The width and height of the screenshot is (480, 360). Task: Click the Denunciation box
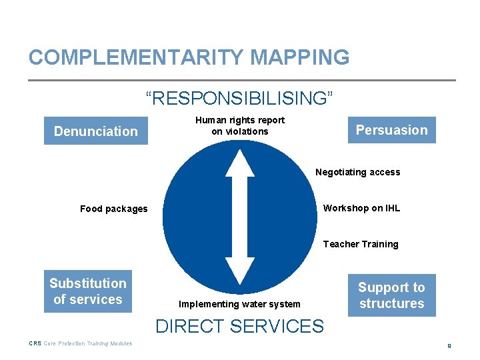95,131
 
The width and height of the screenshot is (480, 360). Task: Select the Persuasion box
391,130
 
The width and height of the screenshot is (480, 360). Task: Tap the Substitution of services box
87,291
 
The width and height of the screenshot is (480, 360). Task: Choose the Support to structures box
391,295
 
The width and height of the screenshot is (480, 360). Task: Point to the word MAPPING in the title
299,57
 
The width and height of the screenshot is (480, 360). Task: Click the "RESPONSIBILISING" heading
239,99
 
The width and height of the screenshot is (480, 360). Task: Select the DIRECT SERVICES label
239,326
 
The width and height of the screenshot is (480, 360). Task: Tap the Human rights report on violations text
239,125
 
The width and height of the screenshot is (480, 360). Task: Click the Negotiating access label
358,172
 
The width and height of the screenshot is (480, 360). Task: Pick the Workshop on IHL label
361,208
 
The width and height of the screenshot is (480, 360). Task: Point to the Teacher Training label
361,244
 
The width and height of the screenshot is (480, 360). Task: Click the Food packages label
114,209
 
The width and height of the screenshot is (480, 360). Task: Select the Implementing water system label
239,304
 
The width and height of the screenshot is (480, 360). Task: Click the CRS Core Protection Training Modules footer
81,343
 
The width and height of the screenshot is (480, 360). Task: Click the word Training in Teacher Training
379,244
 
